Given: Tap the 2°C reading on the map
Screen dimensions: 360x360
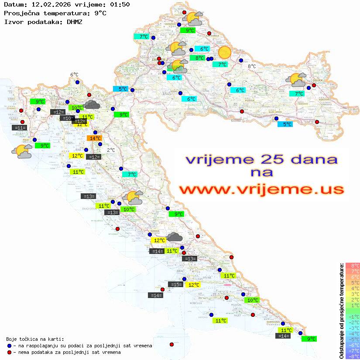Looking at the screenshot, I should pos(111,150).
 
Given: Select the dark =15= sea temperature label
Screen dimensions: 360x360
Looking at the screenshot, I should pos(176,285).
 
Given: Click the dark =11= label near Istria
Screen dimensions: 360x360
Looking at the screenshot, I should pos(20,128).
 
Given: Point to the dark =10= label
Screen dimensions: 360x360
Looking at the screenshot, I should pos(68,118).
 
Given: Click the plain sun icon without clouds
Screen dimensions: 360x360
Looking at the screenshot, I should pos(225,52).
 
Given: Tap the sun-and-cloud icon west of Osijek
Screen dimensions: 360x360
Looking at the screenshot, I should pos(296,80).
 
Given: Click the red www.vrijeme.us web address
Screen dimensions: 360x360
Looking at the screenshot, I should pos(261,190).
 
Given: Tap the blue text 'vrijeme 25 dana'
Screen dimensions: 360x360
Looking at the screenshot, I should pos(261,159).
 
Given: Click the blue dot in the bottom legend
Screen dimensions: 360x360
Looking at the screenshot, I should pos(9,346).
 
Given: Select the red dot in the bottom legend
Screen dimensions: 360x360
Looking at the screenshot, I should pos(9,352).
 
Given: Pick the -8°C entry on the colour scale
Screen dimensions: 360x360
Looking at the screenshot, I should pos(352,357).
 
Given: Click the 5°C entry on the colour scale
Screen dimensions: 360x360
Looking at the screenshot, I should pos(352,282).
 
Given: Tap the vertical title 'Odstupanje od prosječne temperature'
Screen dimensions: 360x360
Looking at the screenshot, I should pos(341,311).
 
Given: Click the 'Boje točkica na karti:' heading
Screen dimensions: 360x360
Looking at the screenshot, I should pos(35,339).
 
